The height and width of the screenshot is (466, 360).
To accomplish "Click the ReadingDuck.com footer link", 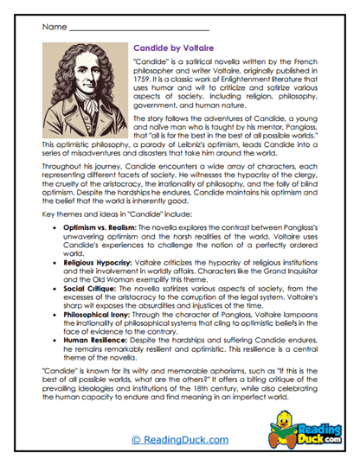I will click(x=180, y=440).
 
